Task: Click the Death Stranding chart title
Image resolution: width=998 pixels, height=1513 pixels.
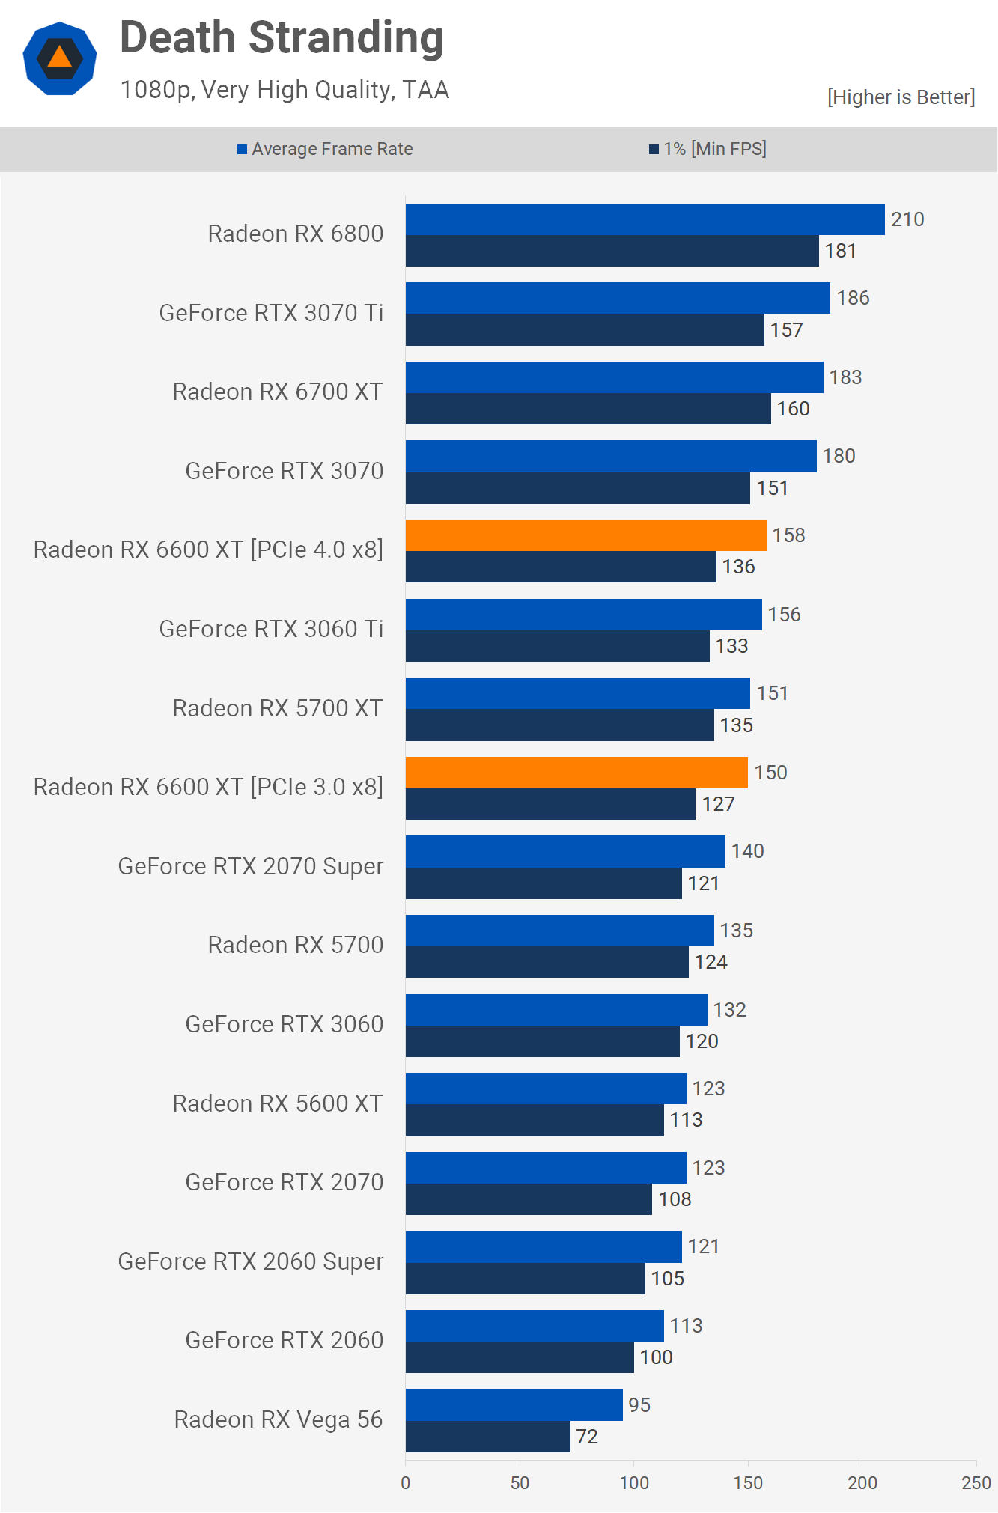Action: click(x=282, y=38)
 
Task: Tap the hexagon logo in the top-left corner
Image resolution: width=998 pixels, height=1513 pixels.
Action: click(x=60, y=58)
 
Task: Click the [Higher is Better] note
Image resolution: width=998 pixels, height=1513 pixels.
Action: click(x=901, y=97)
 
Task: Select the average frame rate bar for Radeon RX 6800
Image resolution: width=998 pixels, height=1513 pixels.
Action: click(x=645, y=219)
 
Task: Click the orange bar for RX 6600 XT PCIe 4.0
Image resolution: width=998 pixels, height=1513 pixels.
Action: click(x=585, y=535)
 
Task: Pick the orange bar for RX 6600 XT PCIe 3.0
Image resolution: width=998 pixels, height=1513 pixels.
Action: click(x=576, y=773)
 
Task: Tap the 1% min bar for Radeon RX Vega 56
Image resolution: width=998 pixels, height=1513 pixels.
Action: click(x=487, y=1437)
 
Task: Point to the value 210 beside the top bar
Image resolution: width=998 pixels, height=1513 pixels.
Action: click(x=907, y=219)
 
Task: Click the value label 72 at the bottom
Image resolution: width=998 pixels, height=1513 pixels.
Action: click(x=587, y=1437)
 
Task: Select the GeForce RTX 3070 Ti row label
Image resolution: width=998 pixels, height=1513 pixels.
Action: click(x=271, y=313)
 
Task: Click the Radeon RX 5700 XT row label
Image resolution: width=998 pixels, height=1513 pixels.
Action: click(x=278, y=708)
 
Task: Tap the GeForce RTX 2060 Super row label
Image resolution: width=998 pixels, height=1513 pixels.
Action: click(x=251, y=1261)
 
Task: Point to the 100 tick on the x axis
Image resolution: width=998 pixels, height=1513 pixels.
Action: click(x=634, y=1482)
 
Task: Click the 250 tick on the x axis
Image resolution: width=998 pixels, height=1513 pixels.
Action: click(x=976, y=1482)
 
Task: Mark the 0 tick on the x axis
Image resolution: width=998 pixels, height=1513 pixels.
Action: click(x=406, y=1482)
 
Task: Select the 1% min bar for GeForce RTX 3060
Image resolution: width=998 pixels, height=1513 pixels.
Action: click(x=542, y=1041)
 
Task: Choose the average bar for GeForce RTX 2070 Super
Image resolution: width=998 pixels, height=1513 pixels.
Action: click(x=565, y=852)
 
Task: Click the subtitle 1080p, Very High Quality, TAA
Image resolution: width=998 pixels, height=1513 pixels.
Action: click(x=285, y=90)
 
